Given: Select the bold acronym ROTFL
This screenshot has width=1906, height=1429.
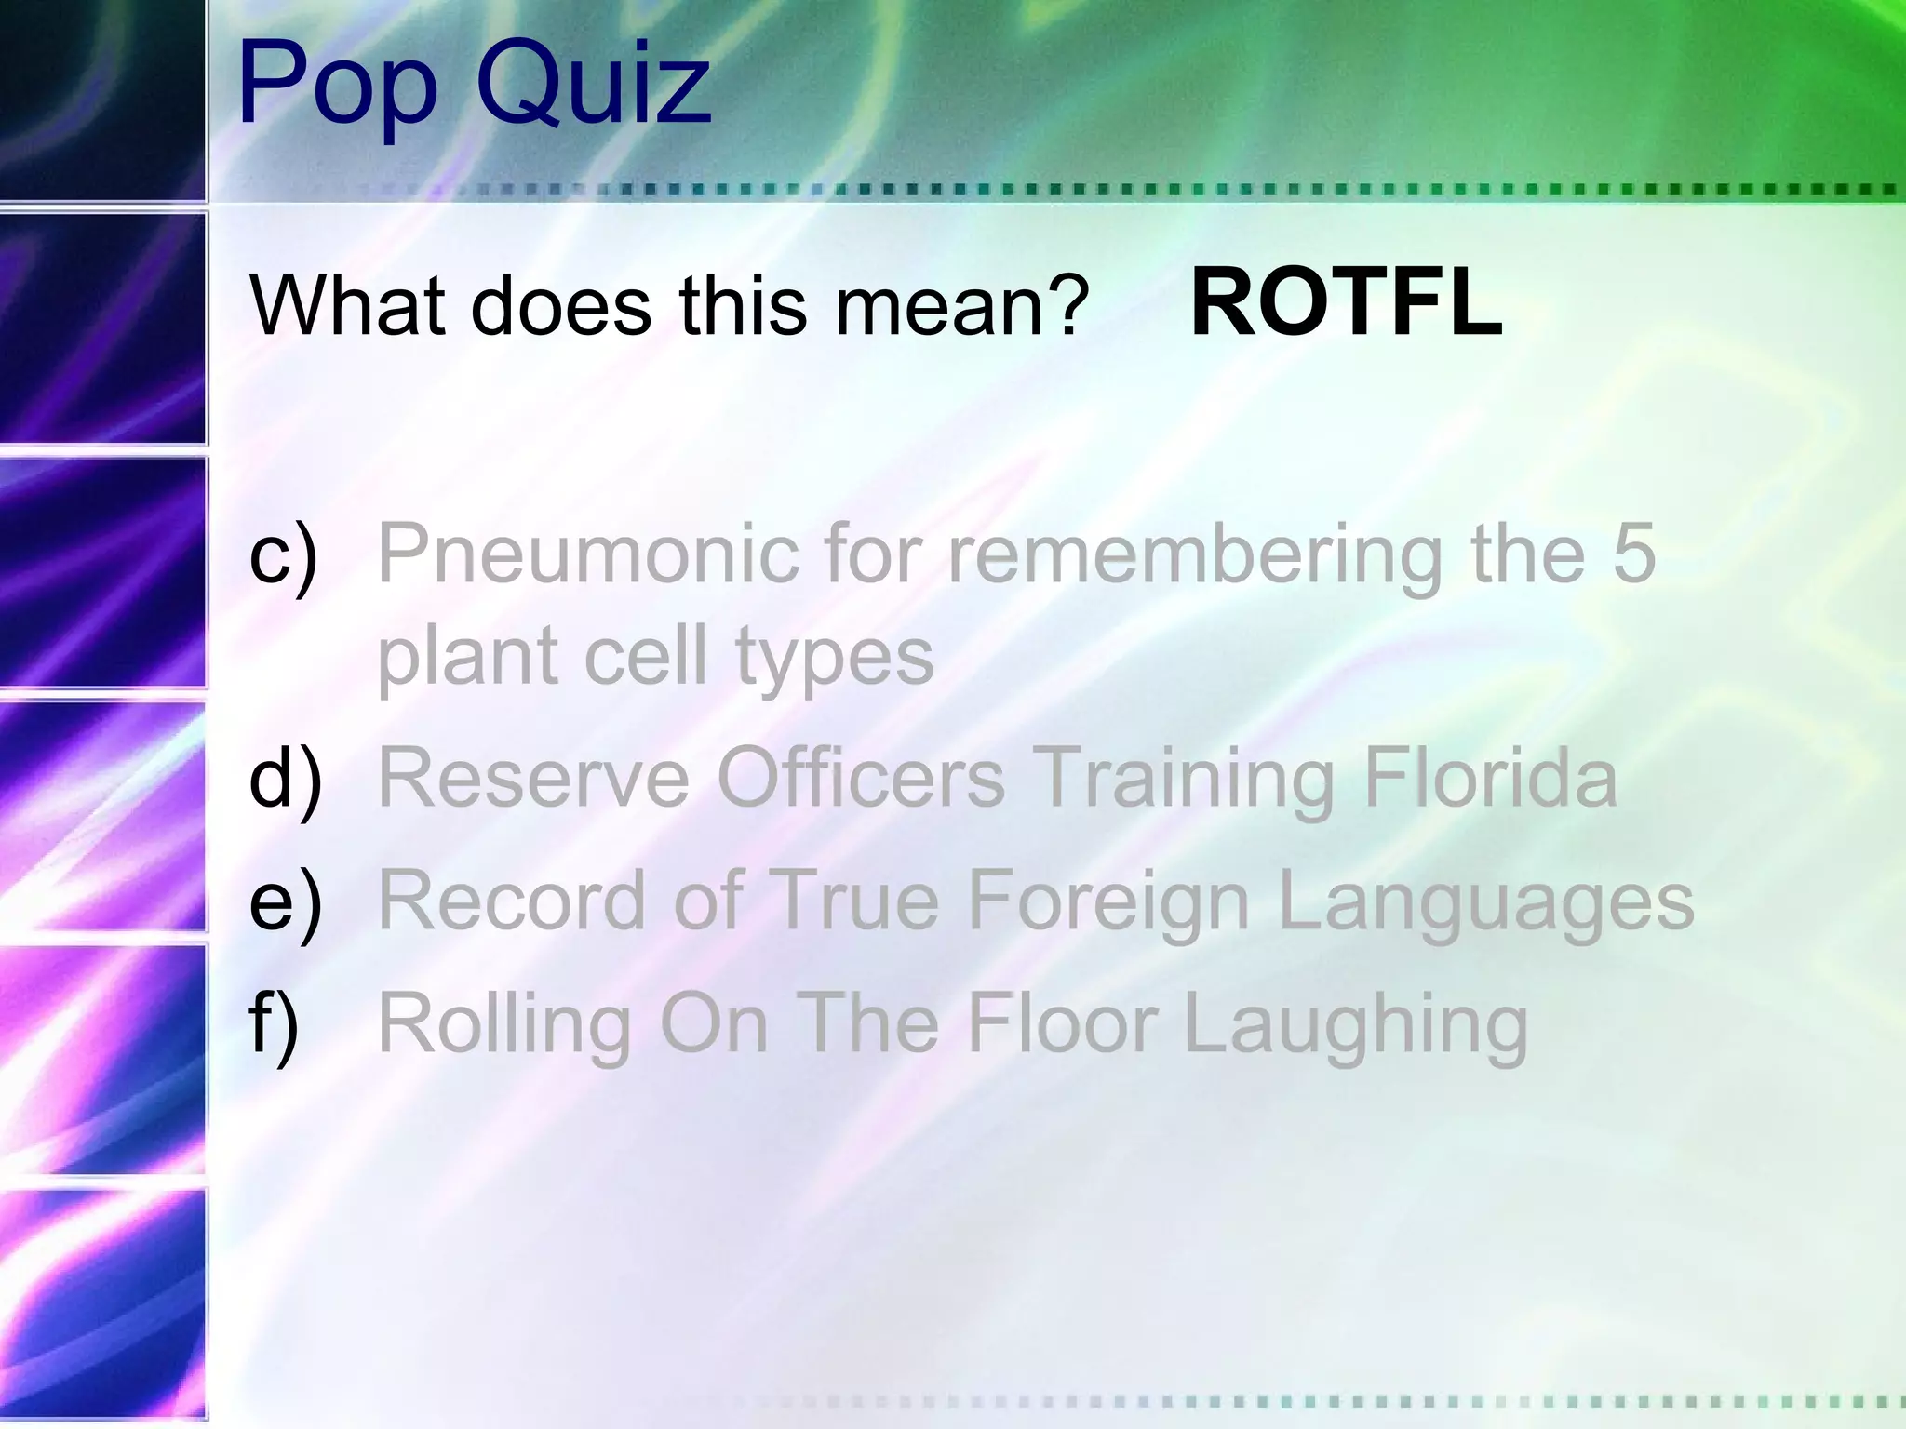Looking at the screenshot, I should (1346, 303).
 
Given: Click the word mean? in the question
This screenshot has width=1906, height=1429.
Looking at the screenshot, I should (961, 306).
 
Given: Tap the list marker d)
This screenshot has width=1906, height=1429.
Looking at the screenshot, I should (287, 779).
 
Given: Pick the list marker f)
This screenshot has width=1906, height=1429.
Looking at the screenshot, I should (275, 1024).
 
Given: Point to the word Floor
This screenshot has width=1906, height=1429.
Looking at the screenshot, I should (1062, 1024).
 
